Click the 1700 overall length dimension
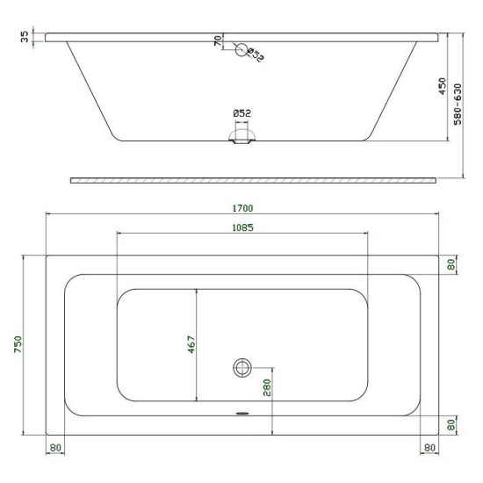pyautogui.click(x=242, y=208)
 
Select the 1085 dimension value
pyautogui.click(x=242, y=227)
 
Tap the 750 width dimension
pyautogui.click(x=18, y=344)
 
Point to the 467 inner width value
pyautogui.click(x=191, y=344)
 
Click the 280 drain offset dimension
pyautogui.click(x=267, y=387)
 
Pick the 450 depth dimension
pyautogui.click(x=442, y=86)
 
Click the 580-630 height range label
pyautogui.click(x=458, y=105)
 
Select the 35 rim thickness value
pyautogui.click(x=25, y=37)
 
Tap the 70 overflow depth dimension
pyautogui.click(x=218, y=40)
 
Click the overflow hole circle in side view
pyautogui.click(x=241, y=49)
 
